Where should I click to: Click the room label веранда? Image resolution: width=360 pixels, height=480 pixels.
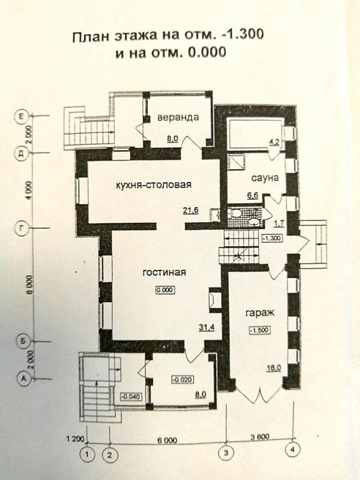[178, 118]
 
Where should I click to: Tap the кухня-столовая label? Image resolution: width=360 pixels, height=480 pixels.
[154, 185]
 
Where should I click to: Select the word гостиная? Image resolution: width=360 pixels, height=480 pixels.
[164, 272]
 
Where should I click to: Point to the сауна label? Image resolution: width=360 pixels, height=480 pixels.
[265, 178]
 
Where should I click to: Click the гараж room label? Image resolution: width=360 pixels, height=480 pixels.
[260, 313]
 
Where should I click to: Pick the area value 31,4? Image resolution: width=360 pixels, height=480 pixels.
[207, 328]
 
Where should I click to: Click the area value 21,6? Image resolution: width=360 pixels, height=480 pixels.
[191, 210]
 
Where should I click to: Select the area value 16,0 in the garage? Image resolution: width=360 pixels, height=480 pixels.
[273, 368]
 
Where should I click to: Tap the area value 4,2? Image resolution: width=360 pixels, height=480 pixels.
[274, 142]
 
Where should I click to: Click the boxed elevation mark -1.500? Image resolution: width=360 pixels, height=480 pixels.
[260, 330]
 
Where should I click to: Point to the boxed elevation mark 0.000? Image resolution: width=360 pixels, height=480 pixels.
[165, 289]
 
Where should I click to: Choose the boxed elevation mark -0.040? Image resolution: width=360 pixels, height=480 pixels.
[132, 397]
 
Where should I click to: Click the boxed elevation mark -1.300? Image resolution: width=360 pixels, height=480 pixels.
[272, 238]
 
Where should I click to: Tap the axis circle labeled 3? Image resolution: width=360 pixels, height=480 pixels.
[227, 452]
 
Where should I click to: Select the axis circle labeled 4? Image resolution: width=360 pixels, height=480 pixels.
[292, 449]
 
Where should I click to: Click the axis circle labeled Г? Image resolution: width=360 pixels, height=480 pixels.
[22, 228]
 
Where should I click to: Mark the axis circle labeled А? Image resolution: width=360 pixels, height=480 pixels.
[23, 379]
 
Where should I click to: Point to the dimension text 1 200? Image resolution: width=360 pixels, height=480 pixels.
[76, 439]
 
